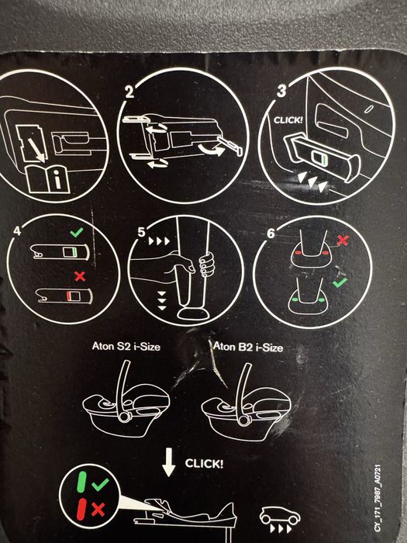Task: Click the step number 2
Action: (129, 92)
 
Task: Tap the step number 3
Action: (281, 91)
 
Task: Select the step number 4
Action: (17, 230)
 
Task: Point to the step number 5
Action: (141, 232)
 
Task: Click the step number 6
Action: (271, 233)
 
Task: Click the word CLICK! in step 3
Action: (288, 120)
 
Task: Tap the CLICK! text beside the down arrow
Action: (204, 463)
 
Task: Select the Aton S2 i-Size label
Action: (126, 346)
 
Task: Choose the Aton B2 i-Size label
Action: (248, 347)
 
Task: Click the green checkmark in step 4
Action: (77, 232)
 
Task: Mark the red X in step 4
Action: (80, 276)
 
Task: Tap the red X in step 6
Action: (343, 240)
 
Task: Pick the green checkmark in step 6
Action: (340, 282)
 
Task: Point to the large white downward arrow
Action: (169, 462)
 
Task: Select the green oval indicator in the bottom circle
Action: (81, 482)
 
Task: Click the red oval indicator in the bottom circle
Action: (81, 509)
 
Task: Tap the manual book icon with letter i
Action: (48, 178)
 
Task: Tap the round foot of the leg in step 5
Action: (193, 313)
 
